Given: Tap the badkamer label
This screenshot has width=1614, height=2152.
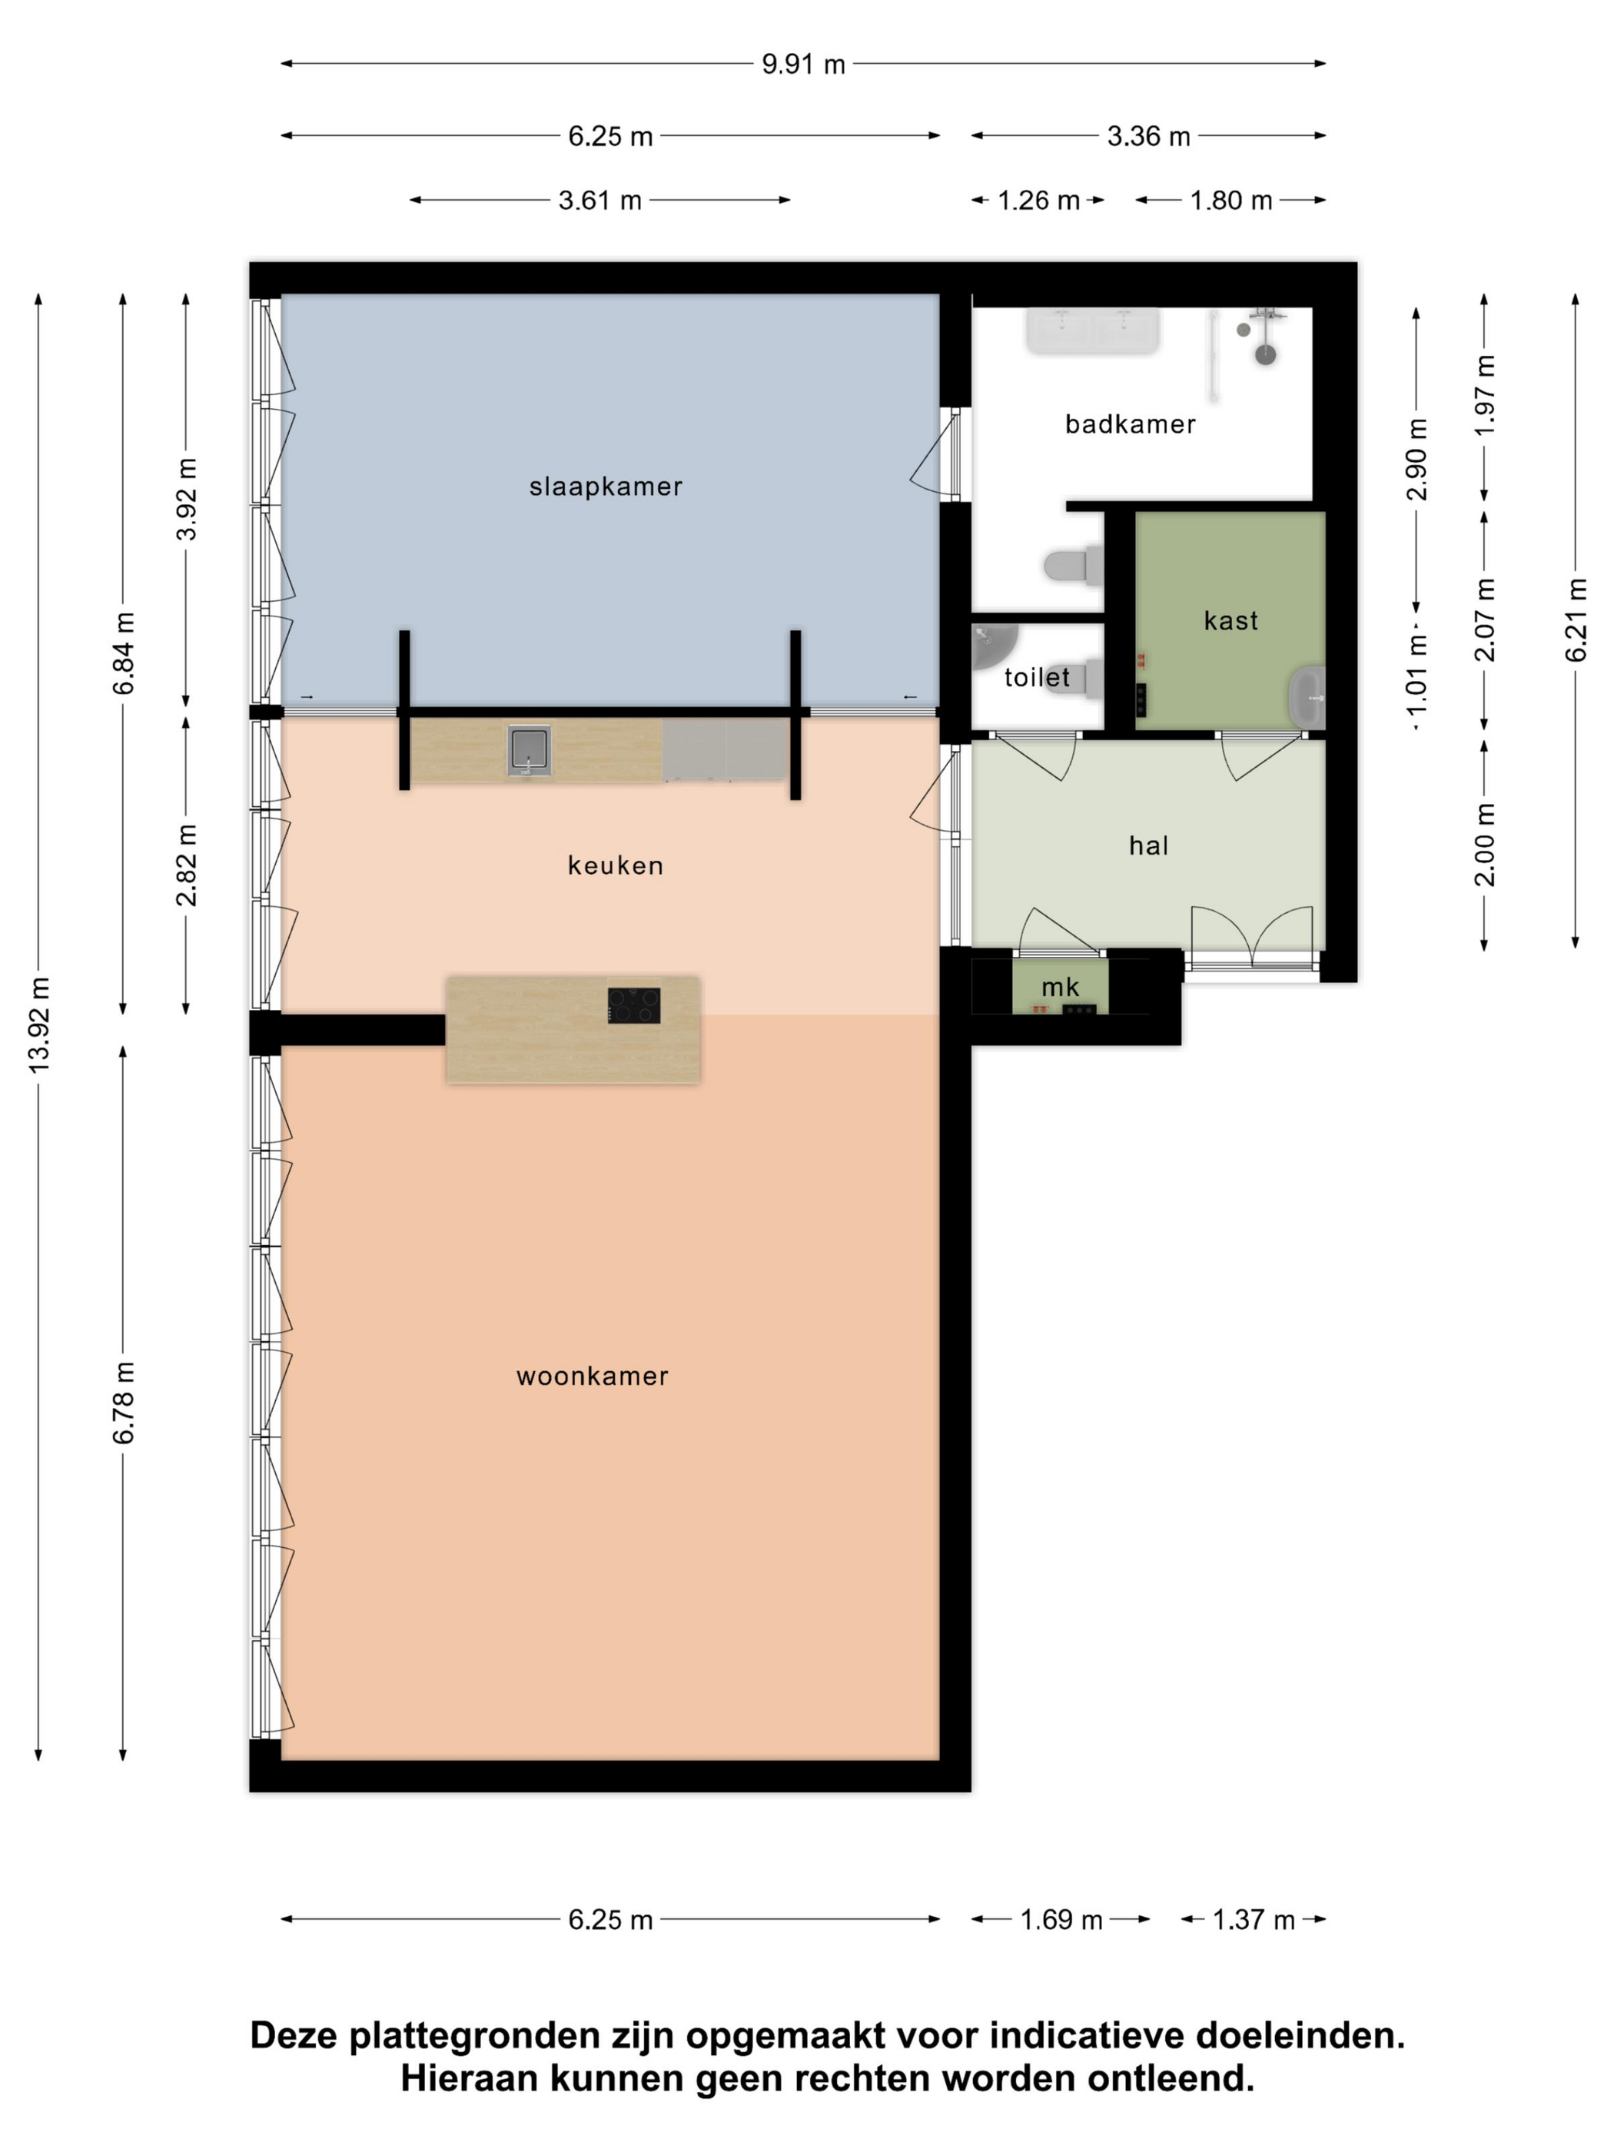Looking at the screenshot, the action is (1130, 424).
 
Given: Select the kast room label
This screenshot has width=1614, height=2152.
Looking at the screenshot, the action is (1230, 621).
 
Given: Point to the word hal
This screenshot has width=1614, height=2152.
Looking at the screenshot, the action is (1148, 845).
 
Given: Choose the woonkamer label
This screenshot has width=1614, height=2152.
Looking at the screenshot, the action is (593, 1376).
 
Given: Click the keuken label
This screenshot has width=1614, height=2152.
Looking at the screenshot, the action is (615, 865).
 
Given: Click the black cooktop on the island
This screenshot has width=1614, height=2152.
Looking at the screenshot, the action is (634, 1005).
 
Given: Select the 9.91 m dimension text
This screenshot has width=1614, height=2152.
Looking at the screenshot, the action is (802, 65).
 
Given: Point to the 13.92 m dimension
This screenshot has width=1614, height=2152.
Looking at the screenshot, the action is (39, 1025).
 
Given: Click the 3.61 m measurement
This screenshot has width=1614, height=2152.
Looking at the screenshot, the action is (599, 201).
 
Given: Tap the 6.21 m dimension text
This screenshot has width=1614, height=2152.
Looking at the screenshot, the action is (1575, 619).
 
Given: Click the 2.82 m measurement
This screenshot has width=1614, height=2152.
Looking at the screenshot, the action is (186, 865).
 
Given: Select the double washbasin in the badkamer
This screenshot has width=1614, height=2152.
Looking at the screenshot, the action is (1094, 330).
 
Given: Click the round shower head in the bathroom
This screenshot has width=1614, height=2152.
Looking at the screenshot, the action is (1265, 354).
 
